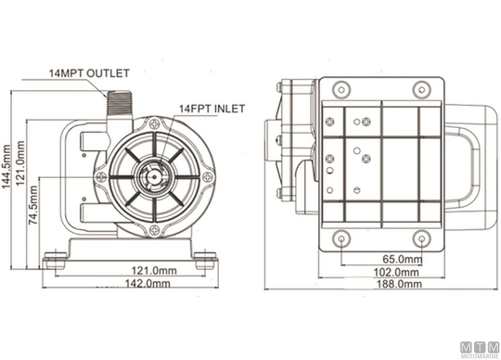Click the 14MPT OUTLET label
click(x=89, y=73)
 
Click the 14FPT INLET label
click(x=212, y=109)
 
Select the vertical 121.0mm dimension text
click(x=20, y=163)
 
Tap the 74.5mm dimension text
click(x=33, y=205)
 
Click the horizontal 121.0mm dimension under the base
click(x=154, y=271)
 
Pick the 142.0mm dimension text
click(x=148, y=283)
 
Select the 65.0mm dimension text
click(x=403, y=259)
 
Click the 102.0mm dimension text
click(x=396, y=272)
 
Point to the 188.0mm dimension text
click(x=399, y=284)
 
